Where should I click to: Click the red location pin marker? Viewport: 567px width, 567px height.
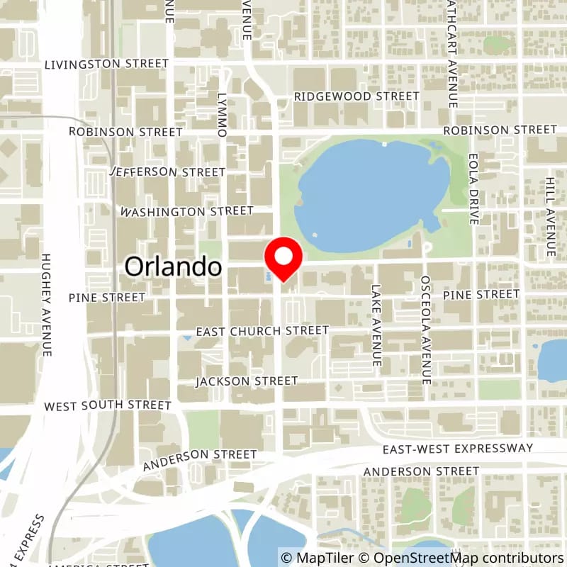[283, 259]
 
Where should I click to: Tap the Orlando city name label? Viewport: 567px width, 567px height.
[174, 266]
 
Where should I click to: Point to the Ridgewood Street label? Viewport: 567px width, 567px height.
[357, 96]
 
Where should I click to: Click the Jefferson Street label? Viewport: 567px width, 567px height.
[169, 172]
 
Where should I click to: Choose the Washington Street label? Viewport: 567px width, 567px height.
[186, 211]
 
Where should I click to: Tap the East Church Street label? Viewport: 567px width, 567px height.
[262, 331]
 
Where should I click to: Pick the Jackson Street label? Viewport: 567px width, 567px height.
[247, 381]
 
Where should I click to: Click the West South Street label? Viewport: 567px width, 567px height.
[108, 406]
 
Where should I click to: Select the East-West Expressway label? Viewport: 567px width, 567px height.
[457, 449]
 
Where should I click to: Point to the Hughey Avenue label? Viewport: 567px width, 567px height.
[47, 304]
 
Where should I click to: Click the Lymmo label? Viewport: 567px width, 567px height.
[222, 114]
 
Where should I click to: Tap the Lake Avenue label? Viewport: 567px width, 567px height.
[376, 316]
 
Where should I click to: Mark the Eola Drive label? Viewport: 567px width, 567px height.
[474, 188]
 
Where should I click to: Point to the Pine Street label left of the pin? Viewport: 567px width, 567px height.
[107, 298]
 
